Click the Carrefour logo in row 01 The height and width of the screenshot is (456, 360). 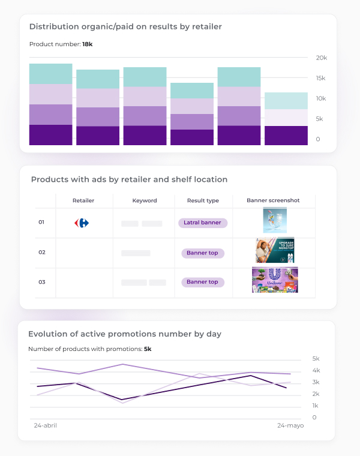point(82,223)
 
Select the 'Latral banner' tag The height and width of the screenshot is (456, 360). point(203,223)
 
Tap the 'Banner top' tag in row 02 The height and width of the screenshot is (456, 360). point(202,253)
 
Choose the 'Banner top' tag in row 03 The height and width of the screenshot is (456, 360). point(202,282)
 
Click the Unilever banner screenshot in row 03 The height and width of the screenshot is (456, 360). point(275,280)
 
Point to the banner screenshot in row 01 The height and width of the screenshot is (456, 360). point(275,220)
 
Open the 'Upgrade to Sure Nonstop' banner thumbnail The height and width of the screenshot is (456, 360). point(275,251)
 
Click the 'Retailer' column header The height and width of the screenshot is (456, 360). point(83,200)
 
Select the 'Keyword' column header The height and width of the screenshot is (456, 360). point(145,200)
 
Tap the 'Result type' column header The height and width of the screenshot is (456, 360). point(203,200)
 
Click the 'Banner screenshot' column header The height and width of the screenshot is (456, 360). point(273,200)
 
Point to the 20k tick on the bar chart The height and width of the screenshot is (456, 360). point(322,58)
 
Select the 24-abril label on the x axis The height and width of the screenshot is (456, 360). point(45,425)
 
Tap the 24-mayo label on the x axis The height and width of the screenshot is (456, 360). point(290,425)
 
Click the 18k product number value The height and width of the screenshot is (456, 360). point(88,44)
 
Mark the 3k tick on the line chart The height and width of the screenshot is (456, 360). point(316,382)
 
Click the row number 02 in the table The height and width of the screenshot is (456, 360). point(42,253)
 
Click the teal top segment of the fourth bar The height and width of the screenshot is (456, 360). point(192,91)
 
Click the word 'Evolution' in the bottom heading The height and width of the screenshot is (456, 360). point(48,334)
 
